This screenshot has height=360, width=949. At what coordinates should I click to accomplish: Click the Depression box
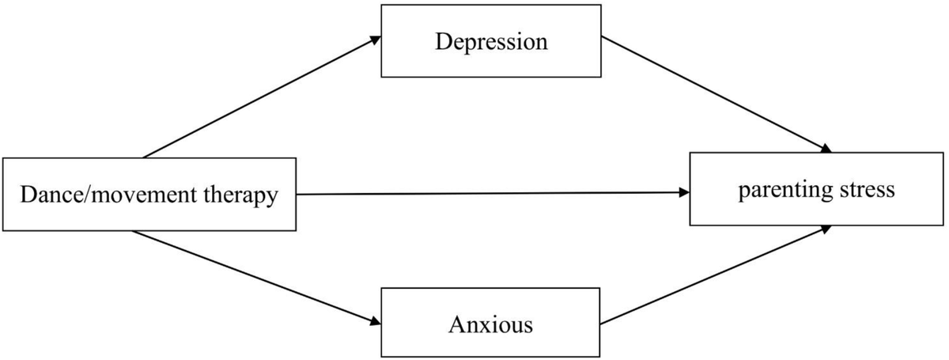490,42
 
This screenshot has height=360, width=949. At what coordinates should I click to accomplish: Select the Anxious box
490,324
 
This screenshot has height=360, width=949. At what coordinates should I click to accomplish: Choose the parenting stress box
816,190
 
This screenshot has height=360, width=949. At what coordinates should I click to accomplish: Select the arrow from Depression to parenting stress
716,94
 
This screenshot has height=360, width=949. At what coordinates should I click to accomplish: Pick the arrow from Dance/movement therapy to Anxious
257,277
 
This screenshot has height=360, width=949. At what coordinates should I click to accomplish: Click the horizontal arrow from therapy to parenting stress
490,193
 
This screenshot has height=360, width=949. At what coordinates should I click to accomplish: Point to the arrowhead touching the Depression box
374,40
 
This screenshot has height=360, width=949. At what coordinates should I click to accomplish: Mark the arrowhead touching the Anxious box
374,321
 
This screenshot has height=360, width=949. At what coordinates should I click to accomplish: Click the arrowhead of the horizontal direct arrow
682,191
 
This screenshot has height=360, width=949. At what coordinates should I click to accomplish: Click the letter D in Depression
441,42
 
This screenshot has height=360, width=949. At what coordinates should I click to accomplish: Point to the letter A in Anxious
455,324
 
